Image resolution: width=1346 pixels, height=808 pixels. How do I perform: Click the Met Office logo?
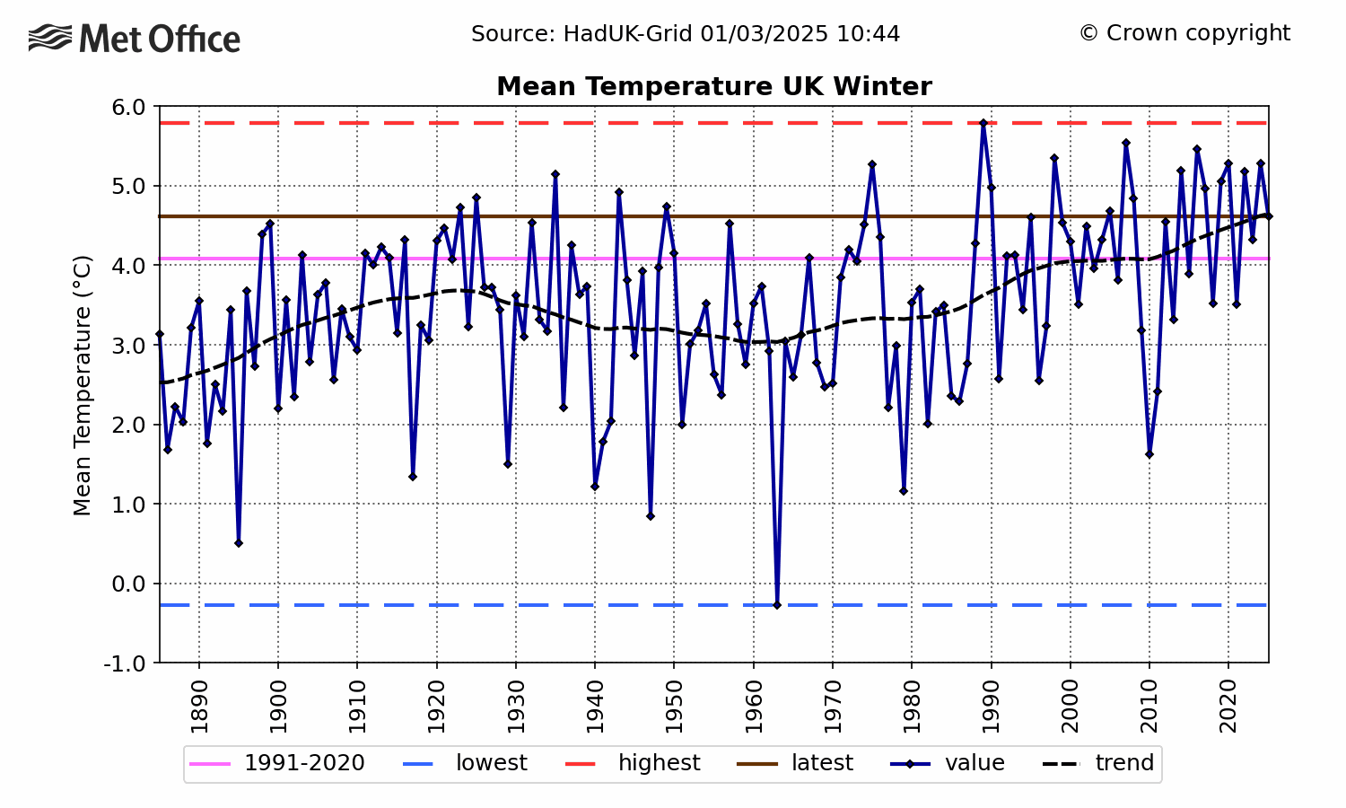pos(135,39)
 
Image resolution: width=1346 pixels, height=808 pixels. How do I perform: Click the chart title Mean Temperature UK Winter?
pos(713,86)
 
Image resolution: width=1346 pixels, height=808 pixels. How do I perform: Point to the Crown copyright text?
pos(1184,33)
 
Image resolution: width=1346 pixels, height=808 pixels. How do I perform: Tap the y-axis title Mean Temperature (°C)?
pos(83,385)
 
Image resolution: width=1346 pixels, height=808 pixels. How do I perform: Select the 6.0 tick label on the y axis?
pos(129,108)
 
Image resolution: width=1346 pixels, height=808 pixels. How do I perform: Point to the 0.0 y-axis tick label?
pos(129,584)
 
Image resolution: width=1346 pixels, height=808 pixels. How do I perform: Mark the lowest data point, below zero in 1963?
pos(777,605)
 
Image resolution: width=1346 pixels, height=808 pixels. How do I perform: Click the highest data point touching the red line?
pos(983,123)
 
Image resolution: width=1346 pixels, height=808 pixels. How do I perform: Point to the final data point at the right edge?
pos(1268,216)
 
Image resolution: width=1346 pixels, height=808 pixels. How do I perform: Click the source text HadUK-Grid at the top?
pos(686,34)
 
